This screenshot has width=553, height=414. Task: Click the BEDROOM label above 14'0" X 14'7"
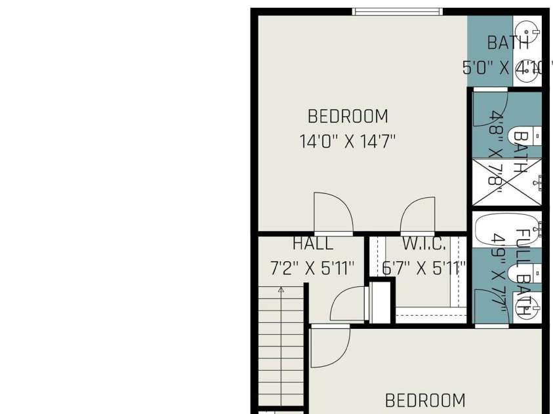coord(348,117)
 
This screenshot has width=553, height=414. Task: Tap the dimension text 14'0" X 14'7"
coord(348,141)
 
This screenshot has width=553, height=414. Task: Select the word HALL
coord(313,244)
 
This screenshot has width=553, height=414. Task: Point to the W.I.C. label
coord(424,244)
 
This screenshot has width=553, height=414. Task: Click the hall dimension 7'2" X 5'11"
coord(312,268)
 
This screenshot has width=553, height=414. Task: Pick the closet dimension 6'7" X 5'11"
coord(424,268)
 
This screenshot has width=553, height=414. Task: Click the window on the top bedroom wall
coord(398,11)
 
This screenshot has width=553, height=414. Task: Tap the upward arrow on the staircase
coord(281,289)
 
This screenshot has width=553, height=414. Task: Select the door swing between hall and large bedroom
coord(333,214)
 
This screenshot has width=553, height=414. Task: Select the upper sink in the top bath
coord(528,29)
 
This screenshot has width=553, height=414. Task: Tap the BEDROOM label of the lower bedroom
coord(425,400)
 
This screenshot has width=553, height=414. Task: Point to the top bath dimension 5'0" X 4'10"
coord(504,67)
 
